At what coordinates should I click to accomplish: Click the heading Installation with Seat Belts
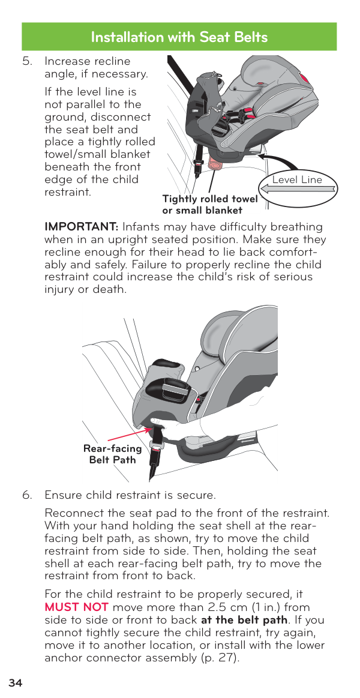(179, 37)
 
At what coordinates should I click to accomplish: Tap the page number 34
(15, 683)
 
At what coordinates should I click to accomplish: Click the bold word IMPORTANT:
(82, 227)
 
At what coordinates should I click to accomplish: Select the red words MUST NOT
(77, 607)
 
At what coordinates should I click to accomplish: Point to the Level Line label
(297, 180)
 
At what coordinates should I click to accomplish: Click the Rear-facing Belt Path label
(113, 454)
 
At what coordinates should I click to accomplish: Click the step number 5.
(27, 61)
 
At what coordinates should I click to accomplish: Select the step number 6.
(27, 495)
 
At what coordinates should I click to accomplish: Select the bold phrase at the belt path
(244, 619)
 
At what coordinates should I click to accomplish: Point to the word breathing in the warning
(293, 227)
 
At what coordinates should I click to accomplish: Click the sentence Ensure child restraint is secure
(130, 495)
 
